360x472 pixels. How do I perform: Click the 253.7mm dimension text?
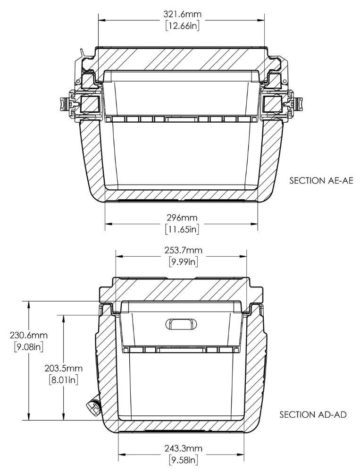[181, 251]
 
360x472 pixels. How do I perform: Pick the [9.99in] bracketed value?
[181, 262]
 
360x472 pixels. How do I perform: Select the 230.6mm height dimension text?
[29, 335]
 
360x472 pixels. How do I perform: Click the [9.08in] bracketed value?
[29, 347]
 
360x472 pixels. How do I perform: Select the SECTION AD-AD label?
[314, 415]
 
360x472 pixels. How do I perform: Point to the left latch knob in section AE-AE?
[63, 102]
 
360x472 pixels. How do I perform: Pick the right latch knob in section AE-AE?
[299, 102]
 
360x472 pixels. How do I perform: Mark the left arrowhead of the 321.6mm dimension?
[101, 20]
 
